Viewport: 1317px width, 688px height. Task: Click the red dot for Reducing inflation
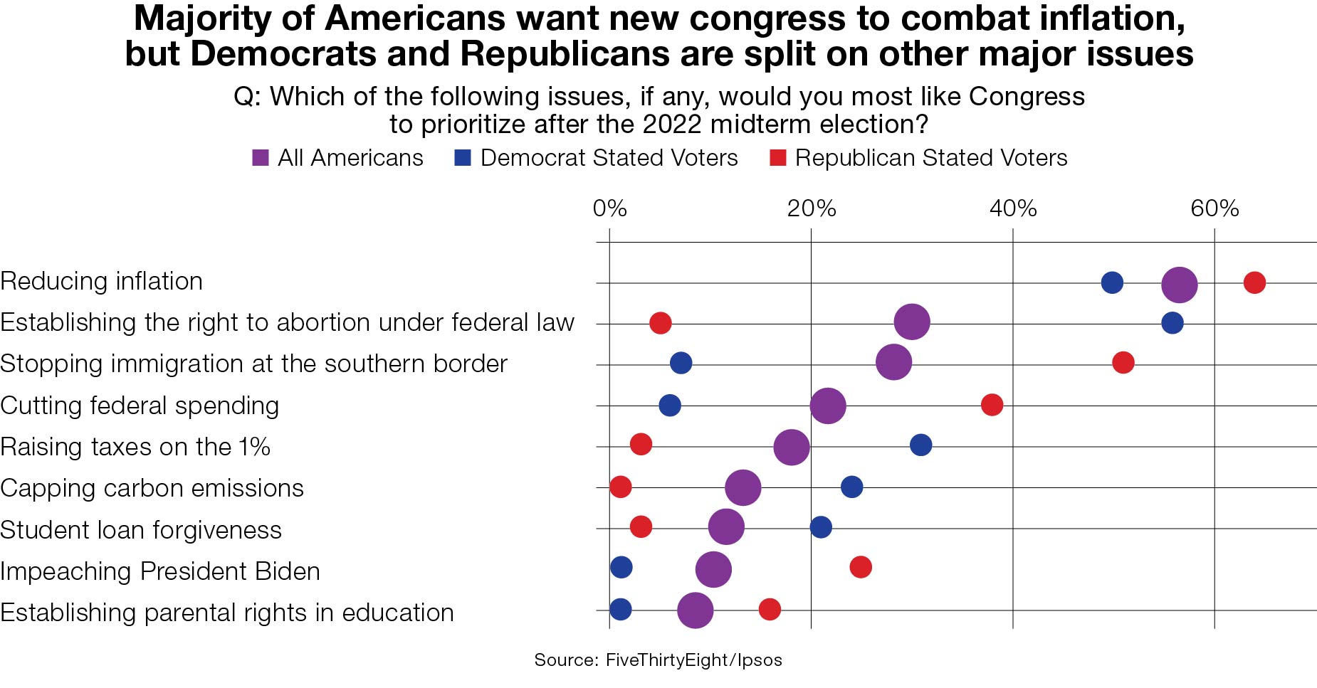1254,282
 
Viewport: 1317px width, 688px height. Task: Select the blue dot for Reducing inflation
1112,282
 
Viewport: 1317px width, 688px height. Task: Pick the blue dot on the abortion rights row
1172,323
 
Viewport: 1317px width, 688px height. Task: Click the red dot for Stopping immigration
1123,362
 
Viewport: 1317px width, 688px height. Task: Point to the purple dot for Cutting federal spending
828,406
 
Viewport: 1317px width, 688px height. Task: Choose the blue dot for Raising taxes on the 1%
920,445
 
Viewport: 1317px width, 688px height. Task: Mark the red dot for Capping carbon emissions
620,487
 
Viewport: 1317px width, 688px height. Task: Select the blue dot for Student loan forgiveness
821,527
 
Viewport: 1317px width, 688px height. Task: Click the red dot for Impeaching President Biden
861,567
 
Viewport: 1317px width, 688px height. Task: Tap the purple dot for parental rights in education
696,610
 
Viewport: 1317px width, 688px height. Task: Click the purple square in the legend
261,158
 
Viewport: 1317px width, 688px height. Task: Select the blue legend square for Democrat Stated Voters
463,158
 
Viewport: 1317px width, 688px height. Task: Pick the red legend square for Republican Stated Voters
778,158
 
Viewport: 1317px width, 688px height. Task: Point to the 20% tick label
811,208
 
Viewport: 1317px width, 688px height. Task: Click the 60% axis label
1214,208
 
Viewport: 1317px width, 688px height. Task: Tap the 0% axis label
609,208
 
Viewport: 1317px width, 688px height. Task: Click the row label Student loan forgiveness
141,530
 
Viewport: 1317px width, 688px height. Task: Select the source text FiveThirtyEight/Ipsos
693,660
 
